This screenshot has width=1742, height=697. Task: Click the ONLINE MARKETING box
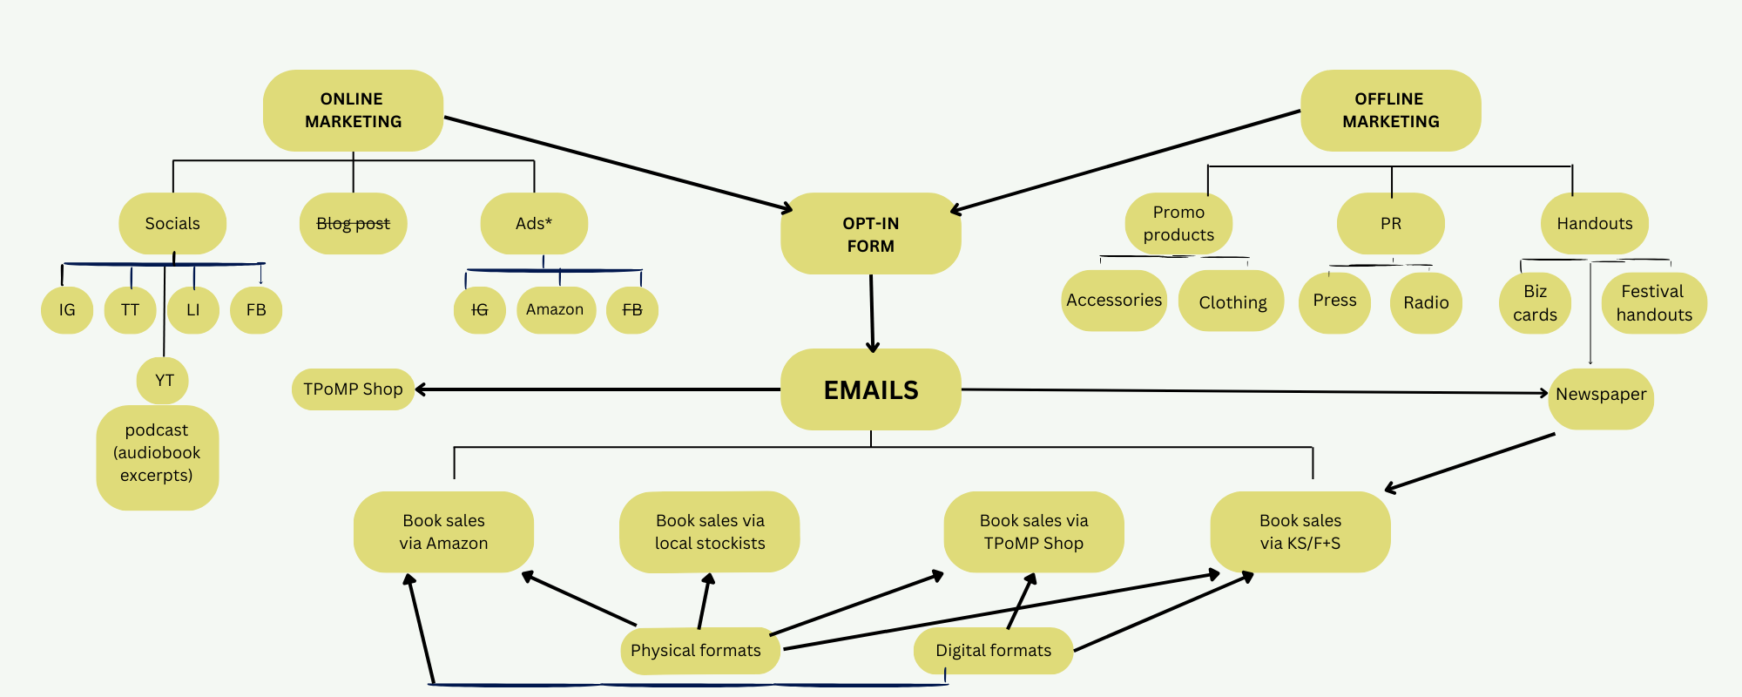point(353,111)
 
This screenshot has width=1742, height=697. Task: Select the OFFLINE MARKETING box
point(1390,111)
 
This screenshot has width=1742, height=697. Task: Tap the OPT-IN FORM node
point(870,233)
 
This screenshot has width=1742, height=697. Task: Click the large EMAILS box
point(870,389)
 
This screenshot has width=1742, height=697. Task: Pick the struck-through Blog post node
point(353,224)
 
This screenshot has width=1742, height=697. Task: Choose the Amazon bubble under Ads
point(555,310)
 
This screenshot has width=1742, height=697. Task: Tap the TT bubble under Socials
point(130,310)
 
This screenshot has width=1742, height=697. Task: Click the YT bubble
point(164,381)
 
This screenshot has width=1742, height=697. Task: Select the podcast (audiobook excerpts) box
point(157,453)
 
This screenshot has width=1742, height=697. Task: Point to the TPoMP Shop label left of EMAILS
point(353,389)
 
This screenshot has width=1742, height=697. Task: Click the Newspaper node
point(1601,395)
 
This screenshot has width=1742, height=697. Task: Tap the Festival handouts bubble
point(1653,303)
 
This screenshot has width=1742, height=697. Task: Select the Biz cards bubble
point(1535,303)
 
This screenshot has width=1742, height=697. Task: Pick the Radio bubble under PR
point(1426,302)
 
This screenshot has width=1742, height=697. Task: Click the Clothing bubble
point(1232,302)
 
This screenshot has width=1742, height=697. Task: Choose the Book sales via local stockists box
point(709,531)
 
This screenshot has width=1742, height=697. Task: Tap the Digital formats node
point(993,651)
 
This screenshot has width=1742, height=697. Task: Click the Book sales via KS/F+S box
point(1300,531)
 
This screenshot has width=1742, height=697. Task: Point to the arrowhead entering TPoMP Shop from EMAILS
point(420,389)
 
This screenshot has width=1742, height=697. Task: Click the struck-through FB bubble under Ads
point(632,310)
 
